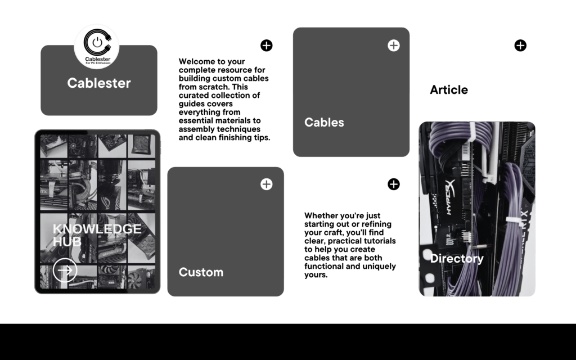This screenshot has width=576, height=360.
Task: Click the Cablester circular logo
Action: tap(97, 47)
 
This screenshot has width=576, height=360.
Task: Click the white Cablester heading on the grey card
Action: tap(99, 83)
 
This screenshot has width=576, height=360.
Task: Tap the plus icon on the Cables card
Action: tap(393, 46)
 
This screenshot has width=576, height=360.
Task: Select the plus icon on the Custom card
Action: tap(266, 184)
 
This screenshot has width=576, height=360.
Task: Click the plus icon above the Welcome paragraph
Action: tap(266, 46)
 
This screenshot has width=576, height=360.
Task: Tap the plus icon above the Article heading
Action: tap(520, 46)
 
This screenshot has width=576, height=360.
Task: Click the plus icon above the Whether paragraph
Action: tap(393, 184)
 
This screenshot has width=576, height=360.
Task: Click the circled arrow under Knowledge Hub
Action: tap(65, 271)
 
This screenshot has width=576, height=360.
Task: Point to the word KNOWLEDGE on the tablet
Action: tap(97, 229)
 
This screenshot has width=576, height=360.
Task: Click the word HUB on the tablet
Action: tap(67, 242)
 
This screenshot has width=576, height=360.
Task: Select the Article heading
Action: tap(449, 89)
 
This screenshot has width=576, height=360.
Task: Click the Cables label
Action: tap(324, 122)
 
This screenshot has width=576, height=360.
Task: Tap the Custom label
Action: tap(201, 272)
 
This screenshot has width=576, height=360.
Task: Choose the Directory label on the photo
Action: tap(457, 258)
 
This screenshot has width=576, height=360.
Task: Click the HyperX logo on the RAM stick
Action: tap(450, 197)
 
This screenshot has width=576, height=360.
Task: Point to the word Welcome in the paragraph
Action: tap(196, 61)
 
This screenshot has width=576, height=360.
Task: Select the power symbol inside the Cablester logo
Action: tap(97, 42)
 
